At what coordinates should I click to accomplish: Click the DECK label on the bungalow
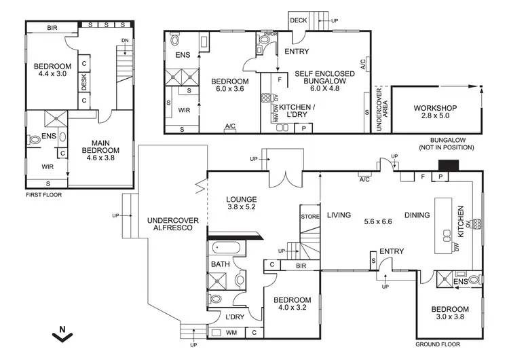click(x=298, y=20)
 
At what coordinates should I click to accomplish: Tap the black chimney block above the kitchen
click(x=449, y=166)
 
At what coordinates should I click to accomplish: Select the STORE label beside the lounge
click(x=309, y=217)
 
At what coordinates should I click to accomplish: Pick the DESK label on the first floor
click(x=83, y=82)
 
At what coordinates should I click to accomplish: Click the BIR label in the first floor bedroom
click(x=52, y=28)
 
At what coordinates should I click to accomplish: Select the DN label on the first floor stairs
click(x=124, y=41)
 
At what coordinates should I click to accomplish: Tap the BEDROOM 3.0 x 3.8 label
click(x=450, y=313)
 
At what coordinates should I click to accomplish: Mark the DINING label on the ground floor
click(x=417, y=215)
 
